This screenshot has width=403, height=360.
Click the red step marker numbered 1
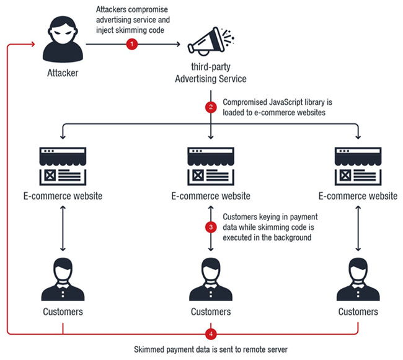[x=131, y=44]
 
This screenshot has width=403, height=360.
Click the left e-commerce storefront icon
[x=63, y=165]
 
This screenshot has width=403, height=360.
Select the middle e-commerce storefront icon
[x=211, y=165]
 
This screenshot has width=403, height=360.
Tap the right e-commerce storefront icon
[x=358, y=165]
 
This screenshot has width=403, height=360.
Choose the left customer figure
[x=63, y=276]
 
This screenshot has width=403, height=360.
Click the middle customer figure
[x=211, y=276]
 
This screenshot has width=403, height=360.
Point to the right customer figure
[x=358, y=276]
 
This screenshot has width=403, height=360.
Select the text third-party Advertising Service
[x=211, y=73]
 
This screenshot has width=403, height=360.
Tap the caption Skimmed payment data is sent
[x=211, y=350]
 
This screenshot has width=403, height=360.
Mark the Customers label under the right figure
[x=358, y=311]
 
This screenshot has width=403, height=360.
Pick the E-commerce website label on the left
[x=63, y=196]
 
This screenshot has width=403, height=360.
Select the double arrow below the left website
[x=63, y=228]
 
